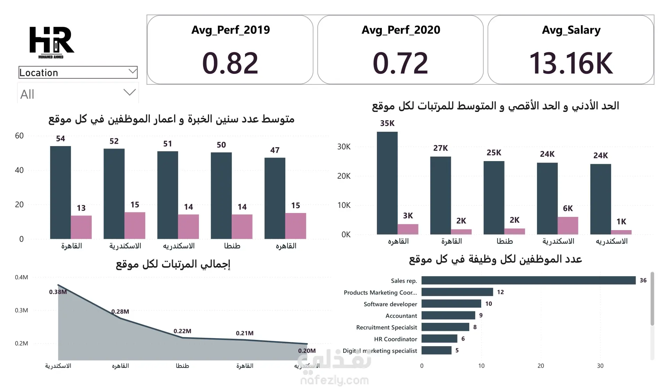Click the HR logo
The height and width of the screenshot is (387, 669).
coord(52,42)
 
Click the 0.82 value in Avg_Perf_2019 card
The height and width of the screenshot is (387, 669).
coord(230,63)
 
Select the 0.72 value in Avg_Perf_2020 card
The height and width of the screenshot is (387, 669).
coord(400,63)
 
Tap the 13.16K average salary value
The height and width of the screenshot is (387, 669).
coord(571,63)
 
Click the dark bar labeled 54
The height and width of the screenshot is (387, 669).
coord(61,192)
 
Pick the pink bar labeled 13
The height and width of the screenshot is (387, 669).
coord(81,227)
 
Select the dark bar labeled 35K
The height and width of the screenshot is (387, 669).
coord(387,183)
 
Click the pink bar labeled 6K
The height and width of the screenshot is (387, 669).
coord(568,226)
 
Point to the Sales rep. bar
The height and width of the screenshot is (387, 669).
coord(528,280)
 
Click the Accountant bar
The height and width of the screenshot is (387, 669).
coord(448,316)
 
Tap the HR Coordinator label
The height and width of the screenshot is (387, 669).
coord(395,339)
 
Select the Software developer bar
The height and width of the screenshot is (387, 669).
coord(451,304)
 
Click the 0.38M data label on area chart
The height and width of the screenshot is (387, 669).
coord(58,292)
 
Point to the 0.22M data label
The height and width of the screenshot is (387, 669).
coord(182,331)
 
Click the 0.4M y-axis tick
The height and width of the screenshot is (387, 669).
coord(21,278)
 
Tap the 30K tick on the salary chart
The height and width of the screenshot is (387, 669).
coord(344,147)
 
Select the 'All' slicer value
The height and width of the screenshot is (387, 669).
coord(27,94)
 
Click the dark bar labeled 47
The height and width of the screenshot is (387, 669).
coord(275,198)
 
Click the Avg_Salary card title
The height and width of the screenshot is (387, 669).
coord(571,30)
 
